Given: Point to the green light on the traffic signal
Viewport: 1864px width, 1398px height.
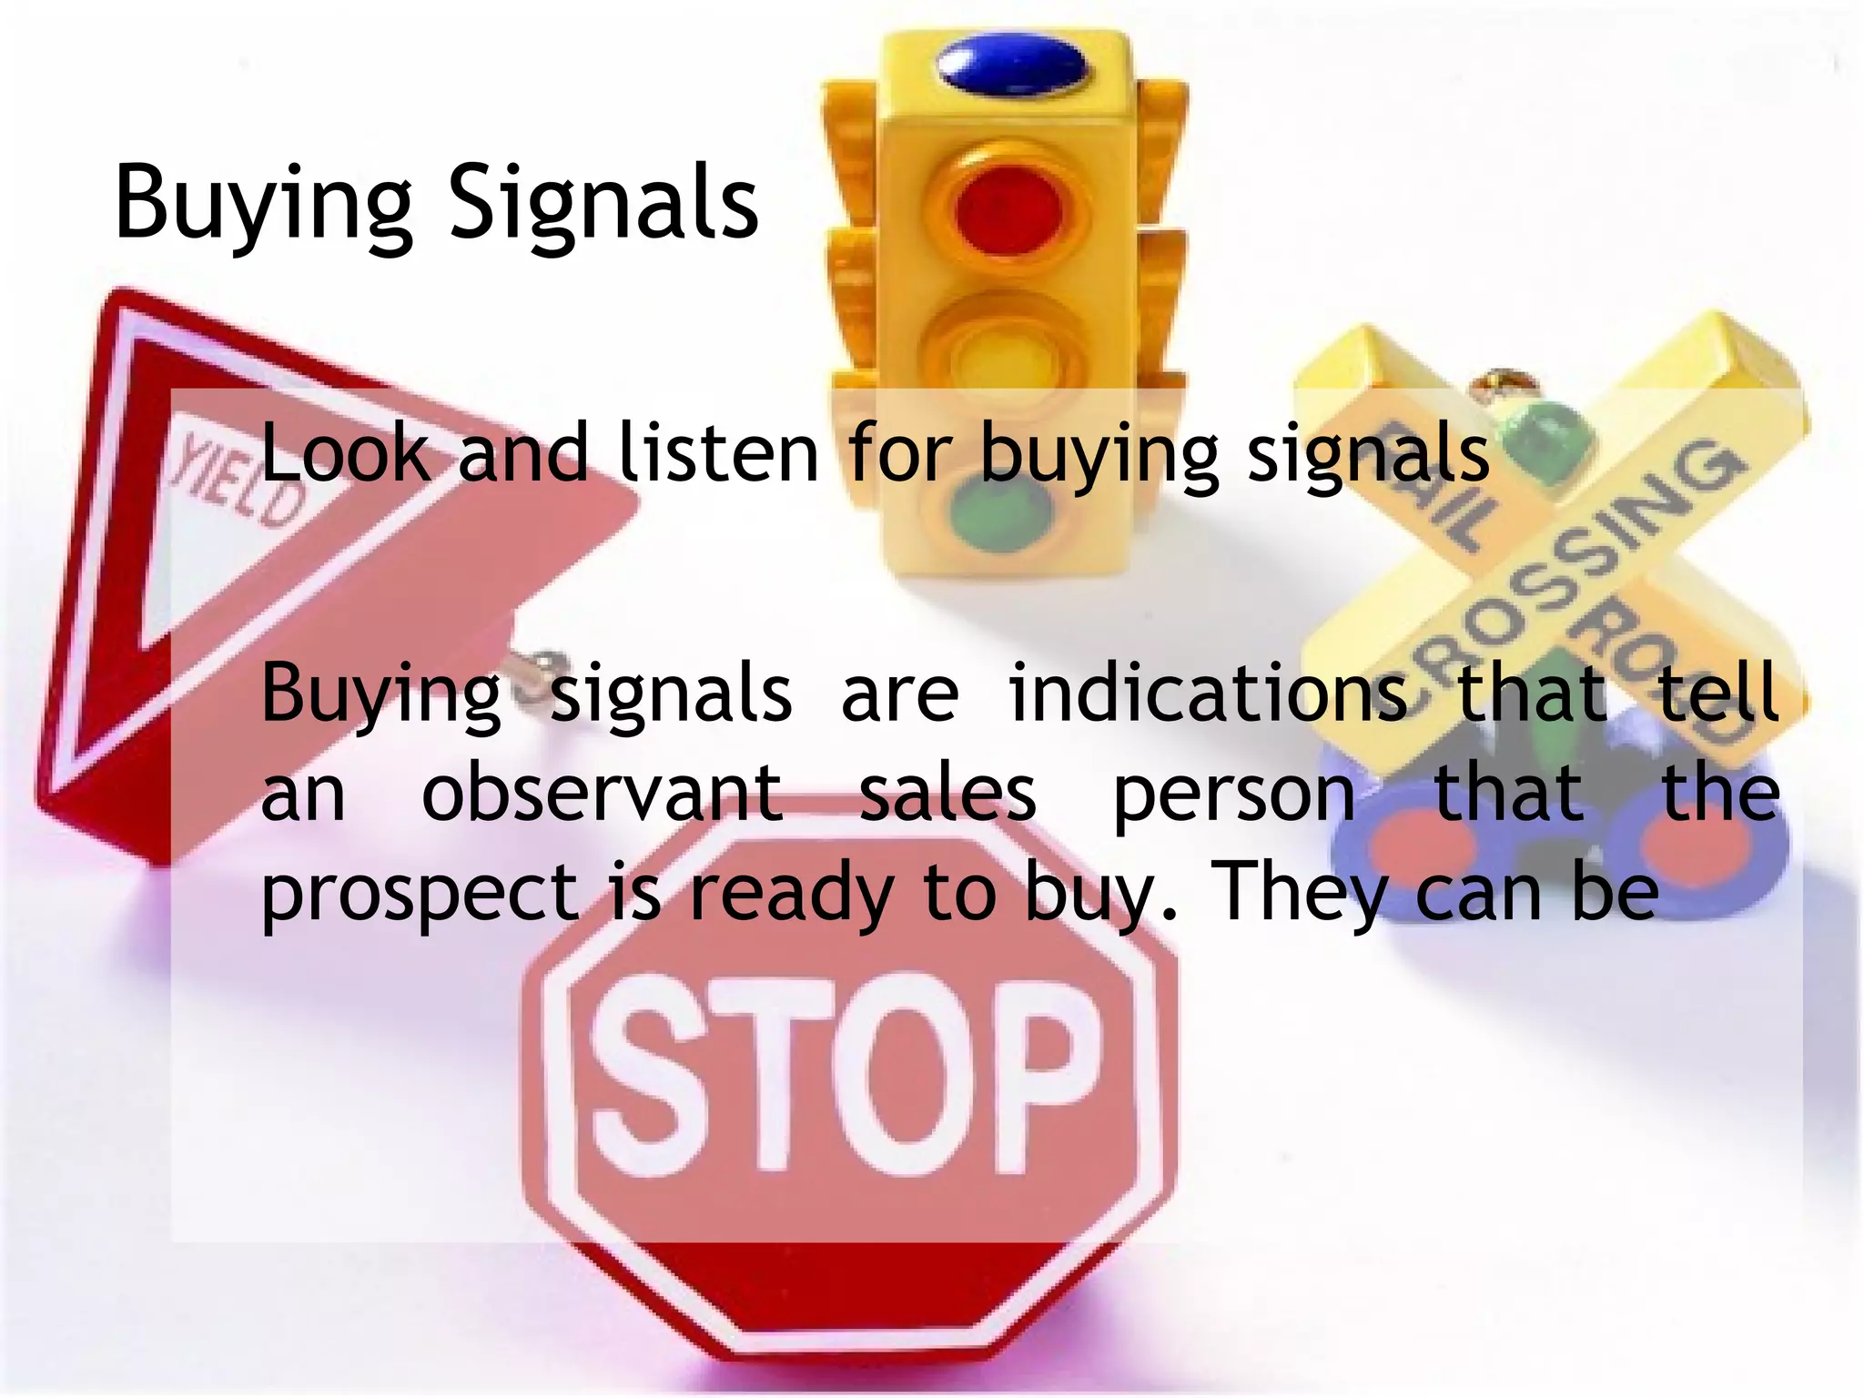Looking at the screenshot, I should tap(1000, 514).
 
